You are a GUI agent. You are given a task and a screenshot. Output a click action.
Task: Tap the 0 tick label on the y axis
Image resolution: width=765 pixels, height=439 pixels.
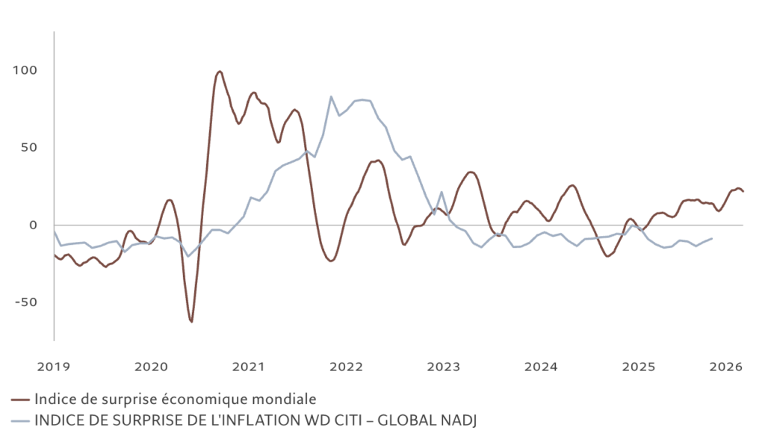[33, 225]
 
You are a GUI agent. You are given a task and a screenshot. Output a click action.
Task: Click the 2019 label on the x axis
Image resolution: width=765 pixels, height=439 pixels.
[55, 367]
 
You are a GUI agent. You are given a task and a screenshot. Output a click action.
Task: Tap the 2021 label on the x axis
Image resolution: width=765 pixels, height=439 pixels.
[249, 367]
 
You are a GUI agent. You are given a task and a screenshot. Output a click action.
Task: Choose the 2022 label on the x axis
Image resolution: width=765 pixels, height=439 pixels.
[346, 367]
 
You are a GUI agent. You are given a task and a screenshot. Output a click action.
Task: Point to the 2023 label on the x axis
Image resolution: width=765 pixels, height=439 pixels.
[444, 367]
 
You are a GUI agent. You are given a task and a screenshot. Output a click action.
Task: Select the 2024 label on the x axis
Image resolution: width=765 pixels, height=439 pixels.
[541, 367]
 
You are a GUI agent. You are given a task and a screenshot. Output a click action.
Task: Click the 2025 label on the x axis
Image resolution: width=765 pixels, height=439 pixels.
[639, 367]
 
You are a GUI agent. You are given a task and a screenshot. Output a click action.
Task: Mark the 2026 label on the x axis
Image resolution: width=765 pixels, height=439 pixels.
[725, 367]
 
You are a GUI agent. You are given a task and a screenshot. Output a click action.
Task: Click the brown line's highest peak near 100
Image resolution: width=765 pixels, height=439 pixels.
[220, 72]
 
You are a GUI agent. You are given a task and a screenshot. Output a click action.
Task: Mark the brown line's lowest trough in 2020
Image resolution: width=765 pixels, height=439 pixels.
[191, 322]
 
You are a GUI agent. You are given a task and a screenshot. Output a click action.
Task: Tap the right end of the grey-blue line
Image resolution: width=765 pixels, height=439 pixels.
[711, 239]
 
